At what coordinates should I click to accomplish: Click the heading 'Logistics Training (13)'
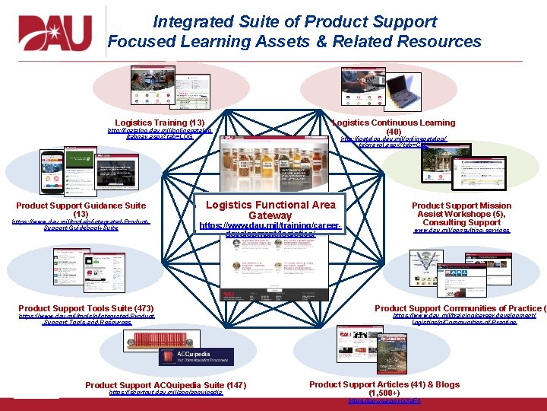pyautogui.click(x=160, y=123)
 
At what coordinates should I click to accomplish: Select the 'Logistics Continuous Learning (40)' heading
pyautogui.click(x=394, y=126)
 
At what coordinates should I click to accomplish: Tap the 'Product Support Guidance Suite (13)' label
pyautogui.click(x=81, y=209)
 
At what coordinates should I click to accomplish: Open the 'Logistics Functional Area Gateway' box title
pyautogui.click(x=270, y=210)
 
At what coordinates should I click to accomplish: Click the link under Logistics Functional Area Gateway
pyautogui.click(x=270, y=230)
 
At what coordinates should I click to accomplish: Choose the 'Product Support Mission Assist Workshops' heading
pyautogui.click(x=461, y=214)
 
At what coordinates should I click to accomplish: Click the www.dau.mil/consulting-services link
pyautogui.click(x=461, y=230)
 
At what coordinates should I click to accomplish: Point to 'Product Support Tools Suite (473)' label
pyautogui.click(x=86, y=308)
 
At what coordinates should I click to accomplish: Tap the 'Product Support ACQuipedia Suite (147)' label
pyautogui.click(x=166, y=386)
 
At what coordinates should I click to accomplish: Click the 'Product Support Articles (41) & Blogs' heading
pyautogui.click(x=384, y=388)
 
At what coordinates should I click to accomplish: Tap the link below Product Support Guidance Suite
pyautogui.click(x=81, y=225)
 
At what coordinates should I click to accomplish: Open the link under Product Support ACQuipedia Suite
pyautogui.click(x=166, y=393)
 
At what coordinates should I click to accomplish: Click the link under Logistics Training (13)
pyautogui.click(x=160, y=134)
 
